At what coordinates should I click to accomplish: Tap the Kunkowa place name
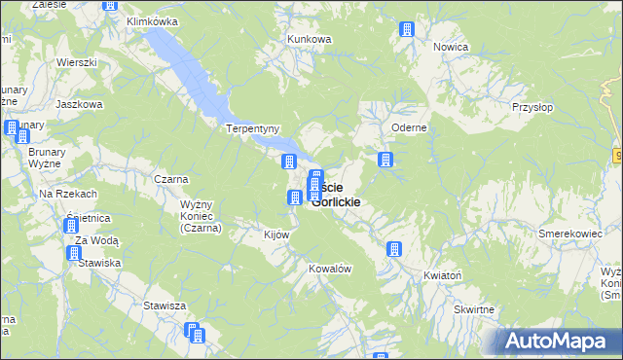[x=310, y=39]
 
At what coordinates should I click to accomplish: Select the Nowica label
[x=452, y=47]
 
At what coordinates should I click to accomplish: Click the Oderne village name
[x=409, y=127]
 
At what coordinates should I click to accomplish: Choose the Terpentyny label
[x=253, y=128]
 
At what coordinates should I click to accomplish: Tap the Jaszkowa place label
[x=80, y=103]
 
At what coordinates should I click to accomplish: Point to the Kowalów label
[x=329, y=269]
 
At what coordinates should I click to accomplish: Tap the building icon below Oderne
[x=385, y=159]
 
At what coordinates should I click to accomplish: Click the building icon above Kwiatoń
[x=394, y=249]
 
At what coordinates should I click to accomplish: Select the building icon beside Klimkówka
[x=109, y=5]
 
